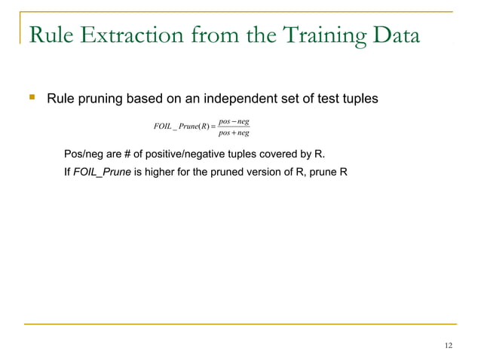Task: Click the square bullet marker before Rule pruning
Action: (x=31, y=99)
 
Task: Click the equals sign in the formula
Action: (x=211, y=127)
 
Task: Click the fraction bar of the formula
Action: (x=233, y=127)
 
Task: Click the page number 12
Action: (x=449, y=346)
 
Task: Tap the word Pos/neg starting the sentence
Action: (x=83, y=156)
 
